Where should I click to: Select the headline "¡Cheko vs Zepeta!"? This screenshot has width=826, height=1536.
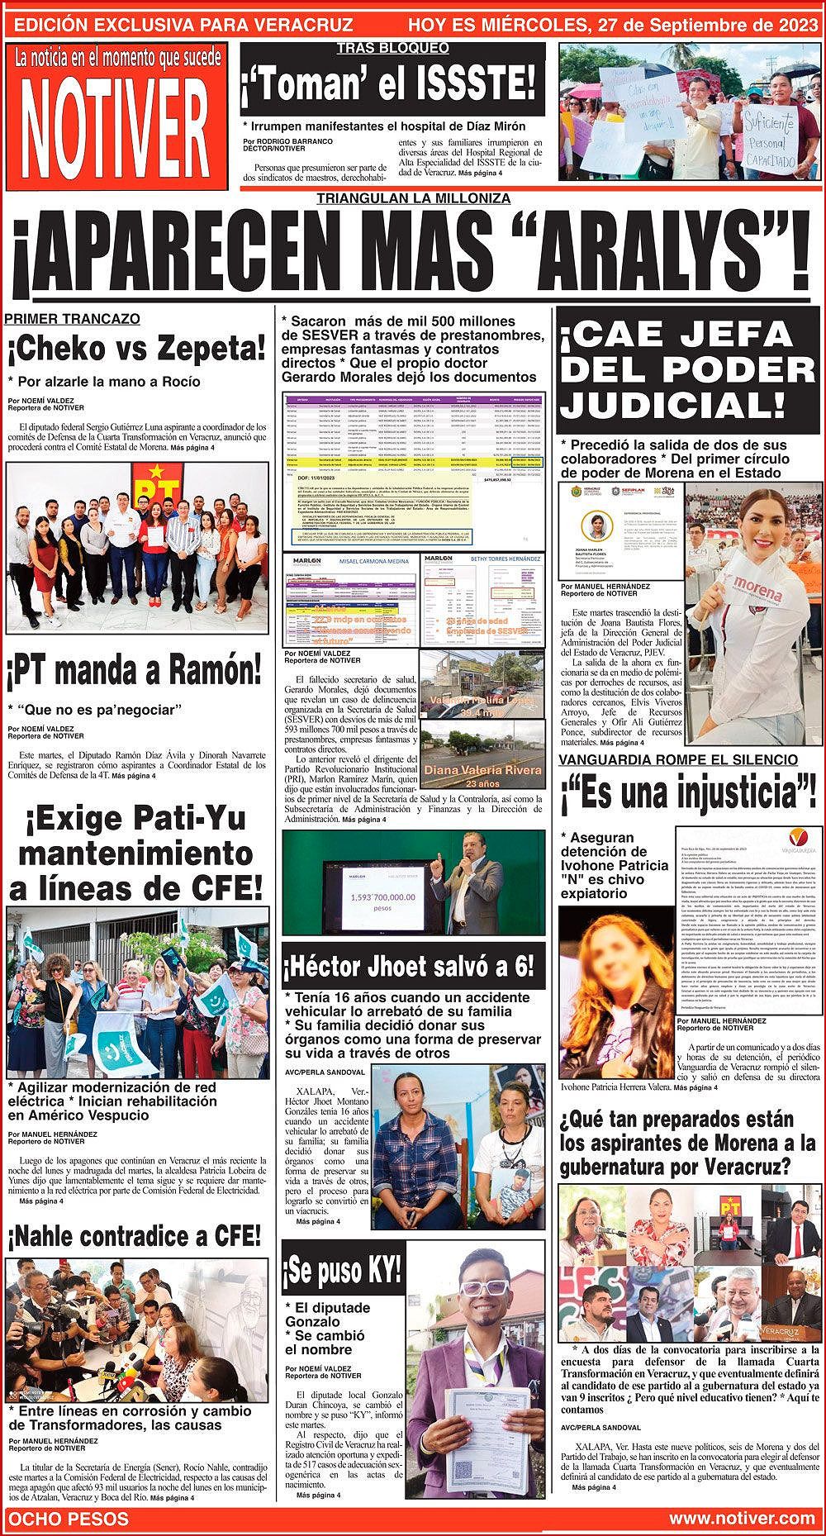(137, 351)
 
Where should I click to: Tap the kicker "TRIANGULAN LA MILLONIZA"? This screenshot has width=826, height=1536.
(413, 198)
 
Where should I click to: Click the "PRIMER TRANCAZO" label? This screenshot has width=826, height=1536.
(73, 319)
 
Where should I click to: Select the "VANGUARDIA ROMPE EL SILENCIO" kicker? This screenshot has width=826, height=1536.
(678, 759)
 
